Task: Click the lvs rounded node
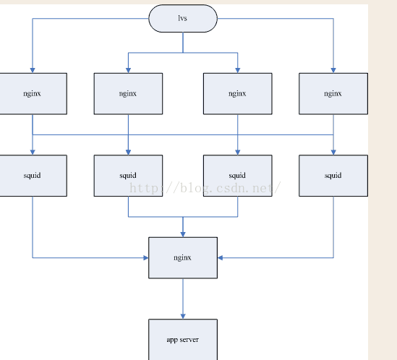click(183, 18)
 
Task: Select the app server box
click(183, 340)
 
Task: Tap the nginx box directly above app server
click(183, 258)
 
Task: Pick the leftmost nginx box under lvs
click(33, 94)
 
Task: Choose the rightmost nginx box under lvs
click(333, 94)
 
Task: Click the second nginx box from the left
click(128, 94)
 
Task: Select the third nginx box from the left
click(237, 94)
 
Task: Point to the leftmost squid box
click(33, 176)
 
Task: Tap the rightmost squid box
click(333, 176)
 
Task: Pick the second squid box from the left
click(128, 176)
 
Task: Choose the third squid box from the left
click(237, 176)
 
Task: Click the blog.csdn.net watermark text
click(205, 188)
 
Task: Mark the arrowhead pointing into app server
click(183, 316)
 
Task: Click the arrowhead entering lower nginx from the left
click(146, 258)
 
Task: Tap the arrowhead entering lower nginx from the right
click(220, 258)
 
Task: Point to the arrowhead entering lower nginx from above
click(183, 234)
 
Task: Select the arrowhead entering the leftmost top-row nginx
click(33, 70)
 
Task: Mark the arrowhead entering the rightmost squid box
click(333, 153)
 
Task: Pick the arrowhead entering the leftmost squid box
click(33, 153)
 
